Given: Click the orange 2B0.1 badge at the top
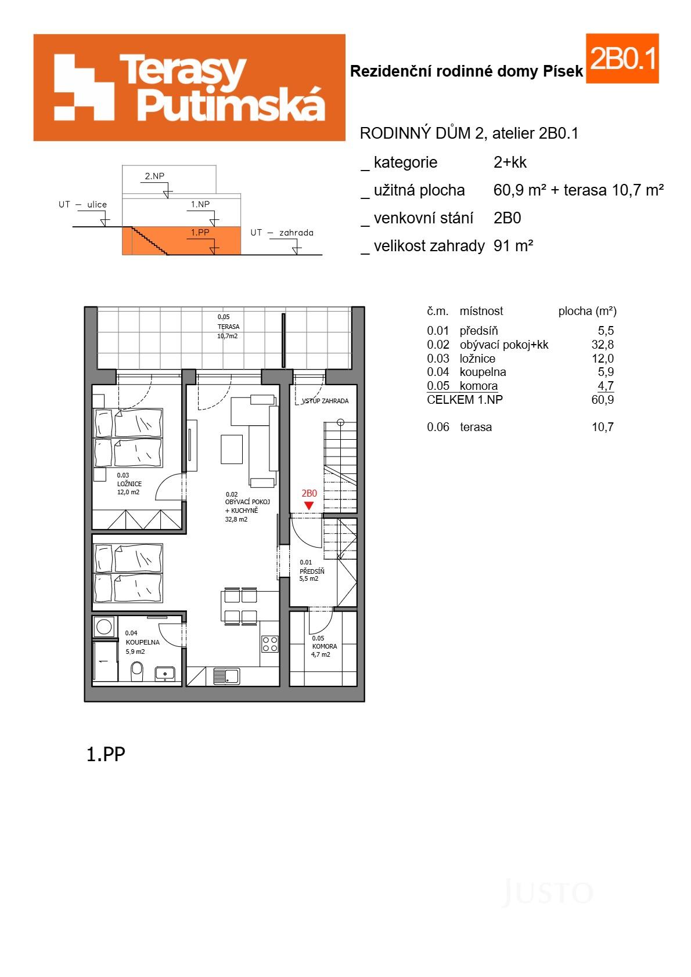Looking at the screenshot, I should coord(622,59).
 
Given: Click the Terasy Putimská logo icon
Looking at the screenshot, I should coord(84,87).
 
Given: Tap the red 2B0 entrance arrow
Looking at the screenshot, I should coord(309,505).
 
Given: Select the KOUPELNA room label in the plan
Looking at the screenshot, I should coord(142,642).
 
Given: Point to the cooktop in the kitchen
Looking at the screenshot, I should coord(270,643).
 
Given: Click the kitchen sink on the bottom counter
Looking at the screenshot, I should coord(226,676).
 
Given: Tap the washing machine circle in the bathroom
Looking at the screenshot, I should coord(105,627).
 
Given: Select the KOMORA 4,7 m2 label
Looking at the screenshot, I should coord(323,650).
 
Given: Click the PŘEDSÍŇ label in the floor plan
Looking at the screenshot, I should coord(312,571).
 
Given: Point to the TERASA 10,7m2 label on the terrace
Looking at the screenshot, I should coord(228,327).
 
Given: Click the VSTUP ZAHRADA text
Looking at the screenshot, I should coord(325,401).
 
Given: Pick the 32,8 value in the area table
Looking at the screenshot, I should coord(602,345).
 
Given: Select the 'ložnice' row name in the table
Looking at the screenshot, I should coord(477,359).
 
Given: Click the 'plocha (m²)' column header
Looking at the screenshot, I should coord(587,311).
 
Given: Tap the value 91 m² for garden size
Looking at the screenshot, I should coord(513,246).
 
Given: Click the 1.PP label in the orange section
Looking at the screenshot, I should coord(200,233).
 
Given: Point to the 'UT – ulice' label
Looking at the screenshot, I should coord(82,204).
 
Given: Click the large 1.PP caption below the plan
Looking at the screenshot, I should coord(106,754).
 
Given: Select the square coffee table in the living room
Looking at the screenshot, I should coord(232,449).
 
